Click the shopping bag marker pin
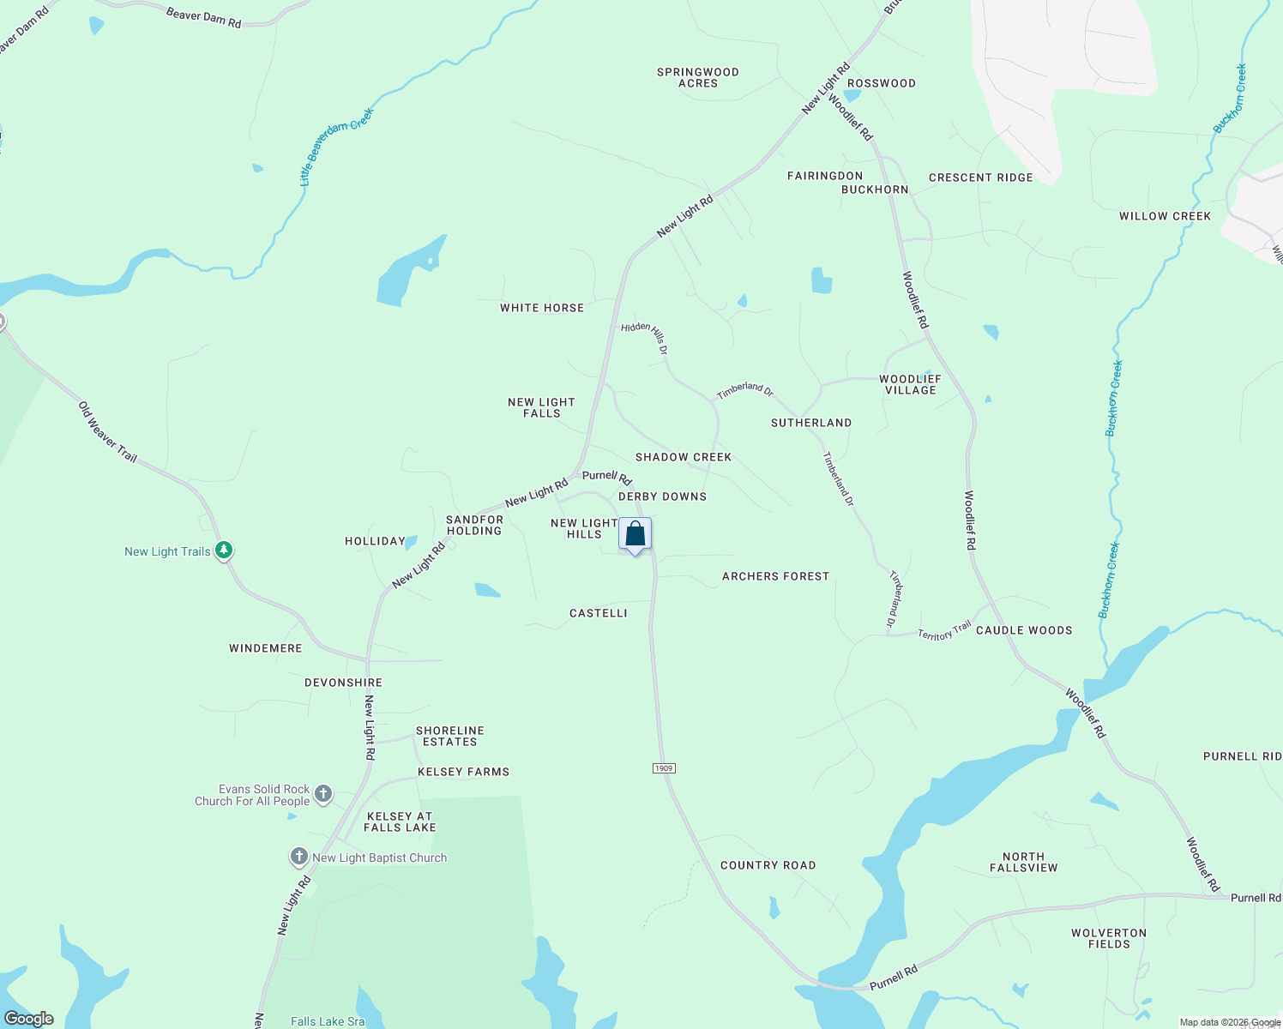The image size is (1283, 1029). click(x=635, y=535)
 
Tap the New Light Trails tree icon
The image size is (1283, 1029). click(x=224, y=550)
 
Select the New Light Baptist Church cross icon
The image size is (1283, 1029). click(x=298, y=856)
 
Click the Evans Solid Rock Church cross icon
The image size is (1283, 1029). click(x=323, y=794)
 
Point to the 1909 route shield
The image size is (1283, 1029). click(x=664, y=767)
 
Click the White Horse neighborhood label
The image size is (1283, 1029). click(x=542, y=308)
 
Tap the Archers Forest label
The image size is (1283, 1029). click(x=775, y=576)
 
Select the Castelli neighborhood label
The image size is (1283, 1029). click(x=599, y=613)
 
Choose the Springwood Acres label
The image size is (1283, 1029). click(x=697, y=78)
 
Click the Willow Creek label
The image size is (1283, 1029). click(x=1165, y=216)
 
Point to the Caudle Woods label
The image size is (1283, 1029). click(x=1024, y=630)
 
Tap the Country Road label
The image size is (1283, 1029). click(x=768, y=865)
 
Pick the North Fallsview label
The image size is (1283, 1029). click(x=1023, y=862)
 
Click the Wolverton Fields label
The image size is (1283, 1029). click(x=1109, y=938)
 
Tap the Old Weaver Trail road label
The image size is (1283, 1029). click(x=108, y=432)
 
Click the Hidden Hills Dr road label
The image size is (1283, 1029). click(x=645, y=337)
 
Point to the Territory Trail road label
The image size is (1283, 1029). click(x=944, y=631)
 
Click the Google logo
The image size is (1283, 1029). click(x=29, y=1019)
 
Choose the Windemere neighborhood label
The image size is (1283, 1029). click(x=266, y=648)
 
